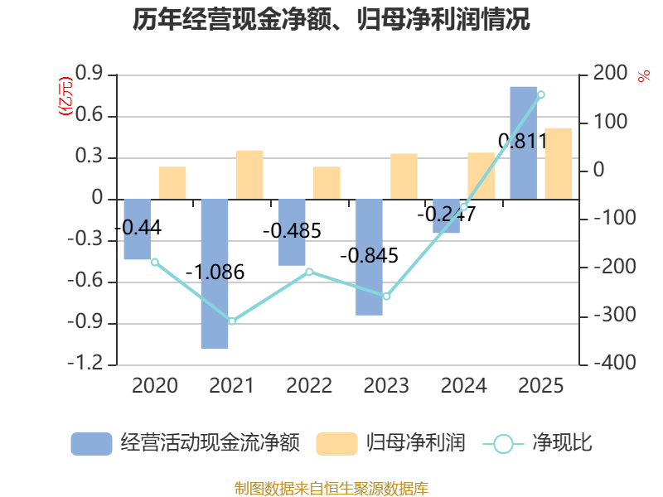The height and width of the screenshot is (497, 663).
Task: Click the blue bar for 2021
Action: click(x=215, y=274)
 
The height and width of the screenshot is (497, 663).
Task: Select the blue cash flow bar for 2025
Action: click(x=524, y=142)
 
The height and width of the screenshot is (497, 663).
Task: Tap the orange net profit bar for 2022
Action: click(x=327, y=183)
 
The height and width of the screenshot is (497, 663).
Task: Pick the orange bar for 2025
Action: click(x=559, y=163)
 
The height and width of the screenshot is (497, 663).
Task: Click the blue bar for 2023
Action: click(x=369, y=258)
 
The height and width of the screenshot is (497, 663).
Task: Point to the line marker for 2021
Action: click(x=232, y=321)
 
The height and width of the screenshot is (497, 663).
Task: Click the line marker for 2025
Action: click(x=541, y=94)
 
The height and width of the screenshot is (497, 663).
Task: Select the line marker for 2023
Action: click(x=386, y=297)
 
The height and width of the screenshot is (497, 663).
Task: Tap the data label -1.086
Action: click(x=215, y=273)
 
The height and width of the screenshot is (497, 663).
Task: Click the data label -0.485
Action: click(x=293, y=231)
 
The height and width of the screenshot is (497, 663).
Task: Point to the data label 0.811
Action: click(x=523, y=141)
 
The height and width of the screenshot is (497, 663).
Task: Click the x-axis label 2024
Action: click(x=464, y=385)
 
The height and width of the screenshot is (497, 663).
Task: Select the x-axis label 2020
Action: click(x=155, y=385)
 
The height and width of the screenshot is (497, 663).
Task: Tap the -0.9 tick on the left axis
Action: click(x=85, y=322)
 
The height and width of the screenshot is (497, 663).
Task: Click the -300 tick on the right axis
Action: click(x=615, y=316)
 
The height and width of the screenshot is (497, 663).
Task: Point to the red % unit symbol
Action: click(x=644, y=76)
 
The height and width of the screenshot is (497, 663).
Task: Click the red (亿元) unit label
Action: click(x=65, y=96)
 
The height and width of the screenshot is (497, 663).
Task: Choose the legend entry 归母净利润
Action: click(x=390, y=443)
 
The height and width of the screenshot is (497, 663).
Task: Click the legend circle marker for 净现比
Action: click(x=503, y=444)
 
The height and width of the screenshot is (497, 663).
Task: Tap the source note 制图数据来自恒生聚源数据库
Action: click(x=331, y=488)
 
